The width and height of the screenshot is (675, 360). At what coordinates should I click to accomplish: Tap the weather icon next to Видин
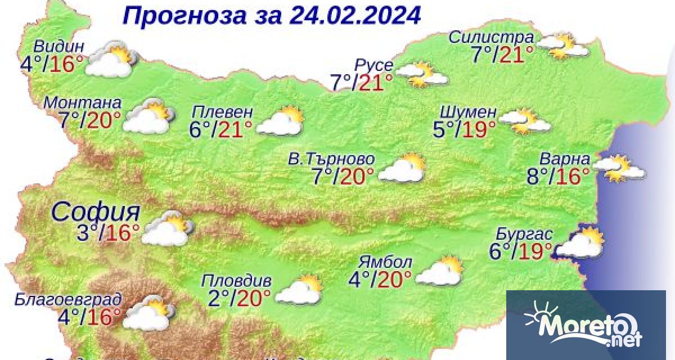[113, 58]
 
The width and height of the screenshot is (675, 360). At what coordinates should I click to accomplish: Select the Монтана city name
[82, 103]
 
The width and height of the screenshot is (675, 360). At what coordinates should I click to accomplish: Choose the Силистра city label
[491, 38]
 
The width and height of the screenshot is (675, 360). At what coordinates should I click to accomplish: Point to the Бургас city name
[524, 233]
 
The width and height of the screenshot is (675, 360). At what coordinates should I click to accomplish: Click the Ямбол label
[385, 262]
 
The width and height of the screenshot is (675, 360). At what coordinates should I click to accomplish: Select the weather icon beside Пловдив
[299, 290]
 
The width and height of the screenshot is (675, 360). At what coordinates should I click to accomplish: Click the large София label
[96, 211]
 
